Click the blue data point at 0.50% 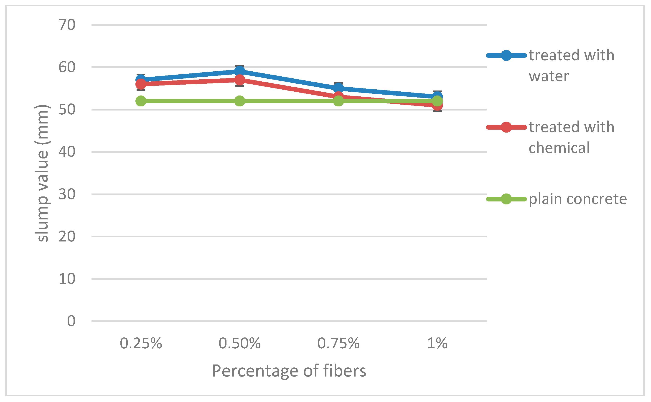pos(239,71)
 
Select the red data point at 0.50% pos(239,80)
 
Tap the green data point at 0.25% pos(141,101)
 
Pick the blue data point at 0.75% pos(338,88)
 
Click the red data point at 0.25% pos(141,84)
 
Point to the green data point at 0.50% pos(239,101)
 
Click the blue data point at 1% pos(437,96)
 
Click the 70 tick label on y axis pos(67,25)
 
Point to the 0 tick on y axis pos(71,321)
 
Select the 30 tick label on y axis pos(67,194)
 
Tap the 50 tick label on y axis pos(67,110)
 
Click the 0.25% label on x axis pos(141,343)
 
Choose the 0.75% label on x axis pos(338,343)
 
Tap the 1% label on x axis pos(437,343)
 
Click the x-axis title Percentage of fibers pos(289,371)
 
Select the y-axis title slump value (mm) pos(42,173)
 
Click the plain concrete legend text pos(577,199)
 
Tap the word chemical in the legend pos(559,148)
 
